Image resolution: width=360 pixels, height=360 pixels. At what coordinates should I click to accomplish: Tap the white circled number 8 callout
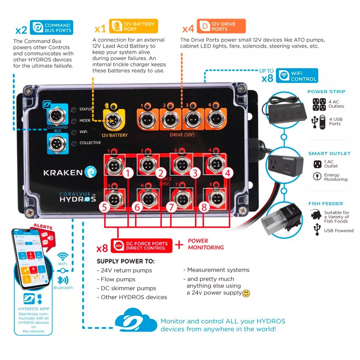click(x=204, y=207)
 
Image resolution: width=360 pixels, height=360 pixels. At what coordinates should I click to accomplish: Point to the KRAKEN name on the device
click(x=63, y=172)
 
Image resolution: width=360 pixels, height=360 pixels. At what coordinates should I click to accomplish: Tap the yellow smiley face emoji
click(x=246, y=293)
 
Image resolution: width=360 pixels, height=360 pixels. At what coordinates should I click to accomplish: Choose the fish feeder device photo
click(x=283, y=219)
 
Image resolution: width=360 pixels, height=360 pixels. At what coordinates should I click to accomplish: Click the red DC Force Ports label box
click(x=142, y=246)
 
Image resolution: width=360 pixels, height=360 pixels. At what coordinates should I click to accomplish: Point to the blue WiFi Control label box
click(x=297, y=76)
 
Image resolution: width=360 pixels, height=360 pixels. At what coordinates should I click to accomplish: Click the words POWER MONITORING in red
click(x=206, y=244)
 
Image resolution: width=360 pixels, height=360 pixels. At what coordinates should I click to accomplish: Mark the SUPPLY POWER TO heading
click(x=126, y=262)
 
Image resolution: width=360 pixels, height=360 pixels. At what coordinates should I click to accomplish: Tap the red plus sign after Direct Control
click(x=180, y=245)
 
